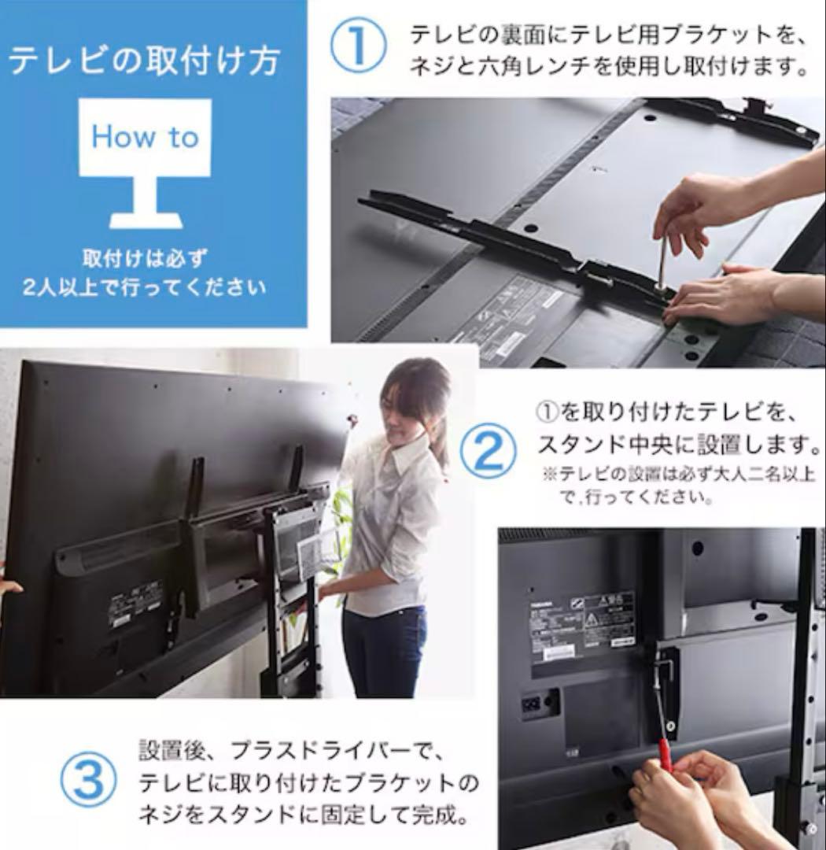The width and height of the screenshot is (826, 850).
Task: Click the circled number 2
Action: [x=488, y=452]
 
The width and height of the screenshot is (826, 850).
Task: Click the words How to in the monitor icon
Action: [x=145, y=137]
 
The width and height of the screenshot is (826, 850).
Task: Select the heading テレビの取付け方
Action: [x=144, y=61]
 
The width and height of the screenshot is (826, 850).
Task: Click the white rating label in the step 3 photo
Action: [x=582, y=626]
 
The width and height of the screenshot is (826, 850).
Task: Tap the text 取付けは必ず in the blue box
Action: [x=144, y=258]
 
